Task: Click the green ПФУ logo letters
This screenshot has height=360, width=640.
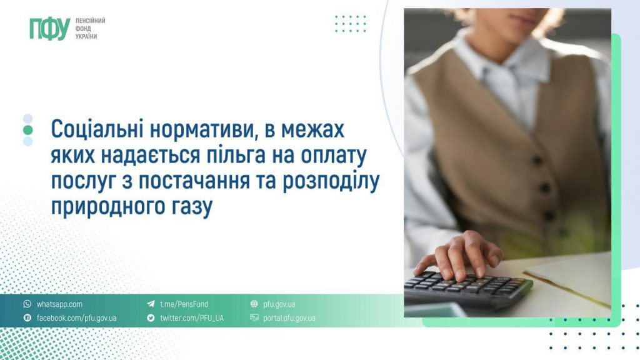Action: click(49, 29)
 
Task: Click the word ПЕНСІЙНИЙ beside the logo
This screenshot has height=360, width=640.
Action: click(90, 21)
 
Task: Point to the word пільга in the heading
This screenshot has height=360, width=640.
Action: click(234, 157)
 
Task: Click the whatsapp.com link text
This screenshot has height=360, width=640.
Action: click(59, 304)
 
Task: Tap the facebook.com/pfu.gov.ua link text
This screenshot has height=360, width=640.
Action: click(76, 318)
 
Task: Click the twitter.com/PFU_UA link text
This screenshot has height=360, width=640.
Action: click(191, 318)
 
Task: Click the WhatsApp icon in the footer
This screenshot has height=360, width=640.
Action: click(27, 304)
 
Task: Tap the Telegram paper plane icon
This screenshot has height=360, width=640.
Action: click(151, 304)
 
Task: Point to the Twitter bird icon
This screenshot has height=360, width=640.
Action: click(151, 318)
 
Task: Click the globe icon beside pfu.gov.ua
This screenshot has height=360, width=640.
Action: click(254, 304)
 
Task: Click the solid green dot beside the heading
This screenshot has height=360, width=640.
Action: click(27, 130)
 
